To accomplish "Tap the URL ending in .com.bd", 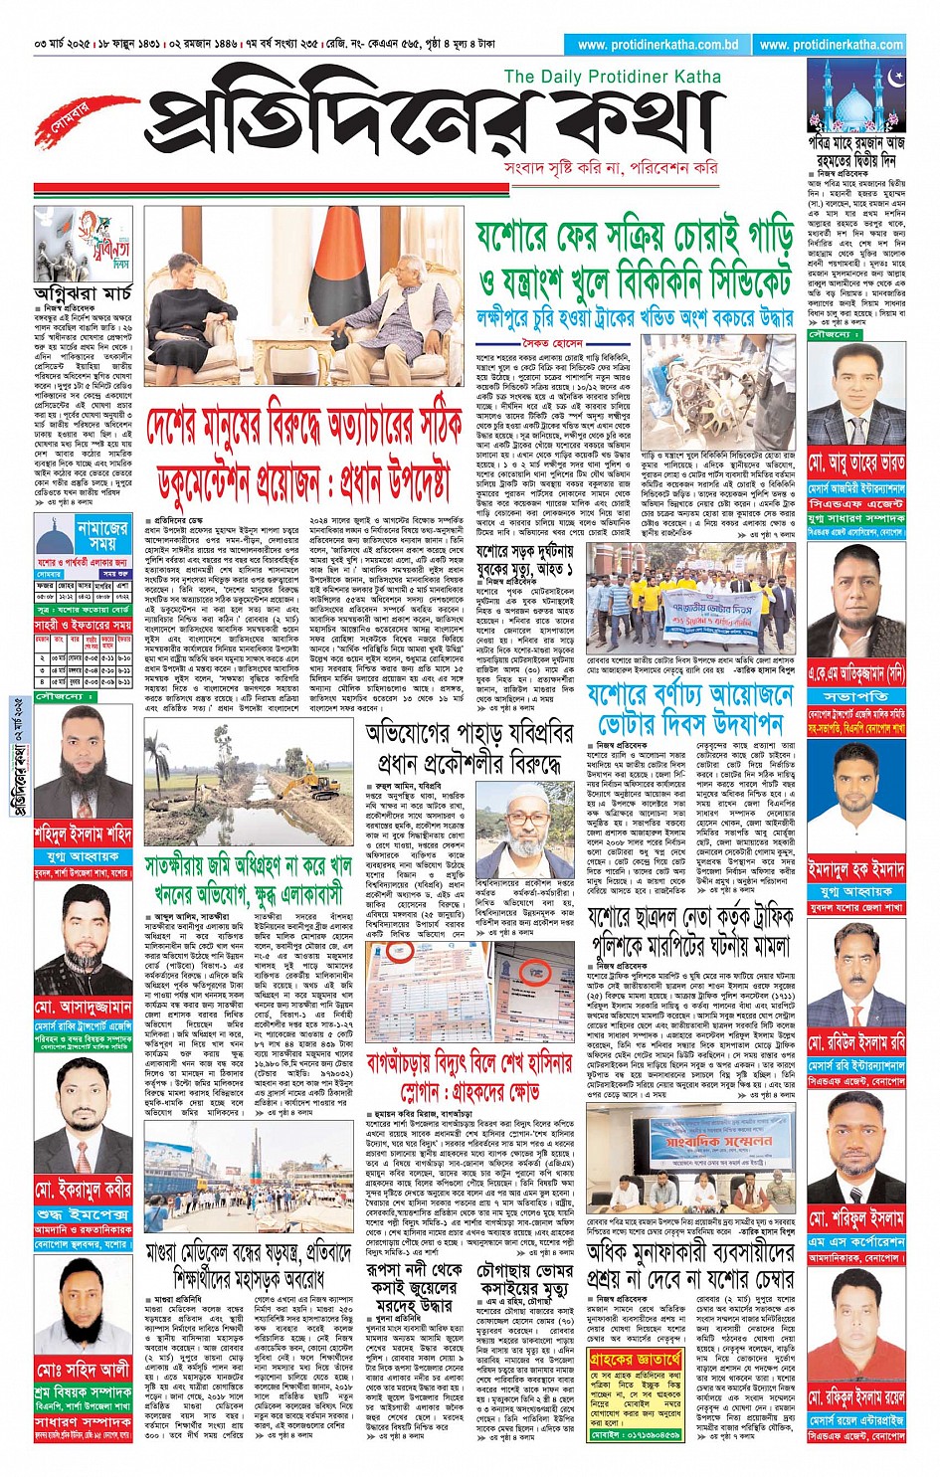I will click(x=658, y=45).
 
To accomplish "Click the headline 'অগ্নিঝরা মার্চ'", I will click(x=83, y=293).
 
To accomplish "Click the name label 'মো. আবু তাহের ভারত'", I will click(x=856, y=463).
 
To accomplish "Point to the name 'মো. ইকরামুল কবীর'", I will click(x=84, y=1190).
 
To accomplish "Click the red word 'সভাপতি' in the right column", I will click(x=856, y=697).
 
